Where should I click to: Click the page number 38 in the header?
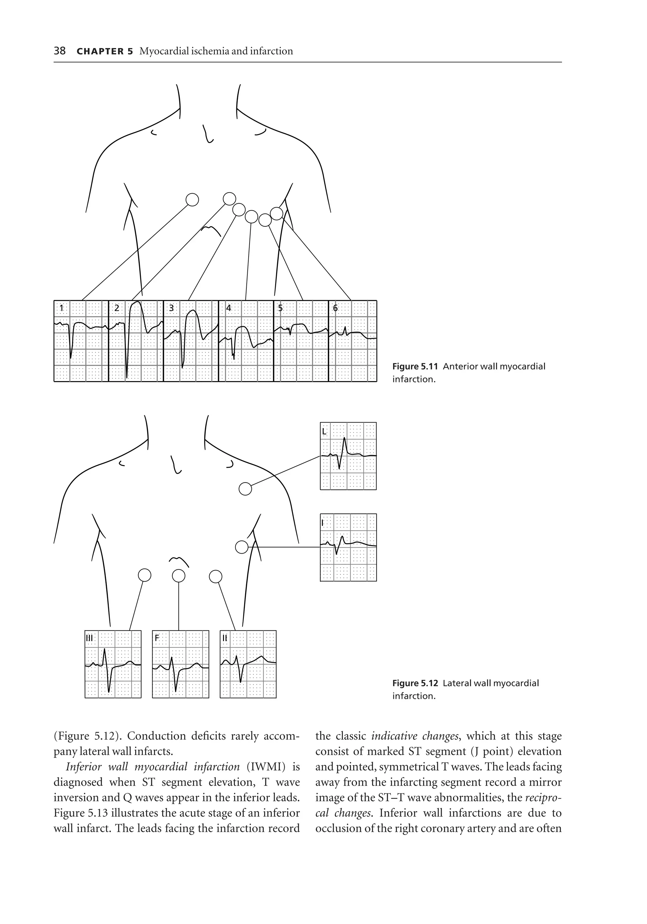click(60, 51)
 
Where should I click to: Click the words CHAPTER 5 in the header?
click(104, 51)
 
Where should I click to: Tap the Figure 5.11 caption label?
click(415, 367)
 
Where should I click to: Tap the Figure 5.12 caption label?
click(415, 683)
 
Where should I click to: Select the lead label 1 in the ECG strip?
click(62, 308)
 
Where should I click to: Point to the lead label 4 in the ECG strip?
click(228, 308)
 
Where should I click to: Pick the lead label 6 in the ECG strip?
click(335, 308)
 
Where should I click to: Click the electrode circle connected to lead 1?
click(192, 199)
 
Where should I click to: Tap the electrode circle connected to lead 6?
click(277, 213)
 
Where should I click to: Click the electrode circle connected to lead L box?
click(245, 489)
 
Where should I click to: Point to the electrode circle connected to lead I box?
click(242, 547)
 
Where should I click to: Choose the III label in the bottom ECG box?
click(89, 638)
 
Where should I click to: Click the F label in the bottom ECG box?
click(157, 638)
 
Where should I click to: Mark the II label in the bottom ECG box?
click(225, 638)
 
